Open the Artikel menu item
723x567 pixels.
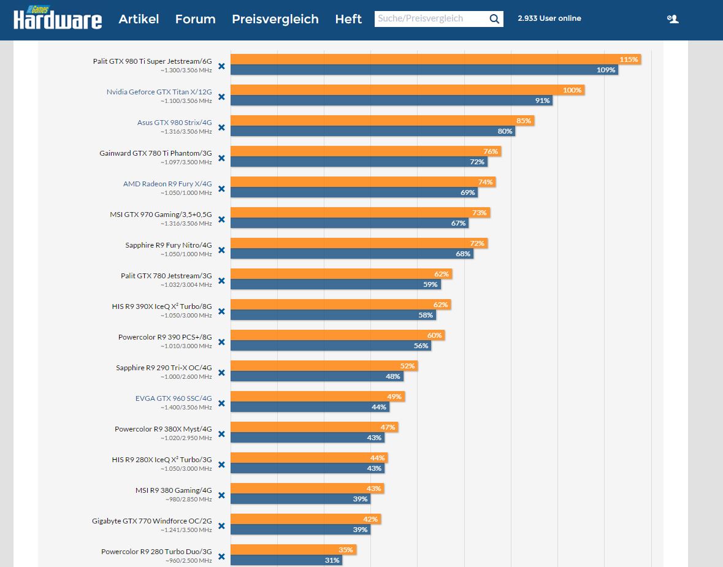(139, 19)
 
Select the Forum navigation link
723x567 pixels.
(195, 19)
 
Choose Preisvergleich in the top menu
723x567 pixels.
(275, 19)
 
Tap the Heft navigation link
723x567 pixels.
(348, 19)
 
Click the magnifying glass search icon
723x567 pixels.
(494, 19)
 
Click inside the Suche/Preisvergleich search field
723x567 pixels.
(429, 19)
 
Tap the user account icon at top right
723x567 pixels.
(673, 19)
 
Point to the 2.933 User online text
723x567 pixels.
(549, 18)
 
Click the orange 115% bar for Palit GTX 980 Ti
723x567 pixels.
(429, 59)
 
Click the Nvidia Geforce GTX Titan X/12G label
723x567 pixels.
(159, 92)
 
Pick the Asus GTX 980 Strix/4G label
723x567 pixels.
(174, 123)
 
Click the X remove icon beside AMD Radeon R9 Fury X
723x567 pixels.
(221, 189)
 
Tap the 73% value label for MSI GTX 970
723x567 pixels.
(480, 213)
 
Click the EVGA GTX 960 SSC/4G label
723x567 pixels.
(174, 398)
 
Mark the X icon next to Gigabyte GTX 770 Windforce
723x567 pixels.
(221, 526)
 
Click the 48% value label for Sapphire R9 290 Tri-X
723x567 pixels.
(393, 376)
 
